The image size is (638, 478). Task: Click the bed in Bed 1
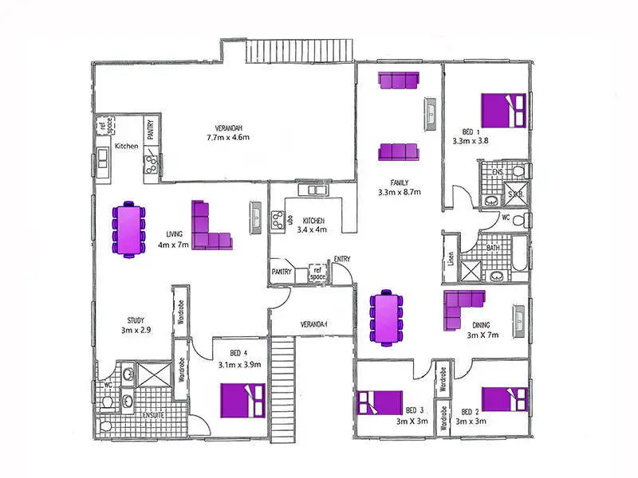[x=503, y=109]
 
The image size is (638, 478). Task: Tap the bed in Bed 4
[x=243, y=399]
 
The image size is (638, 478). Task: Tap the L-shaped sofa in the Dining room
[x=462, y=308]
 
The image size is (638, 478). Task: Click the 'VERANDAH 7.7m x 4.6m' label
[x=228, y=132]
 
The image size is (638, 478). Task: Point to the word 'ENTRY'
[x=342, y=259]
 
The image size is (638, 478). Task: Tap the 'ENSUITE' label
[x=153, y=415]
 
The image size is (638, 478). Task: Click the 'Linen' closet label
[x=451, y=259]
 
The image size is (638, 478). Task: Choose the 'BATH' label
[x=494, y=249]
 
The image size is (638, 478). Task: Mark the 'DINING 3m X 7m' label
[x=482, y=330]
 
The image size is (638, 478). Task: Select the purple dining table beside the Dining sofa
[x=387, y=318]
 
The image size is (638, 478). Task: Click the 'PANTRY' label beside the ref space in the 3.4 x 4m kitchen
[x=281, y=272]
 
